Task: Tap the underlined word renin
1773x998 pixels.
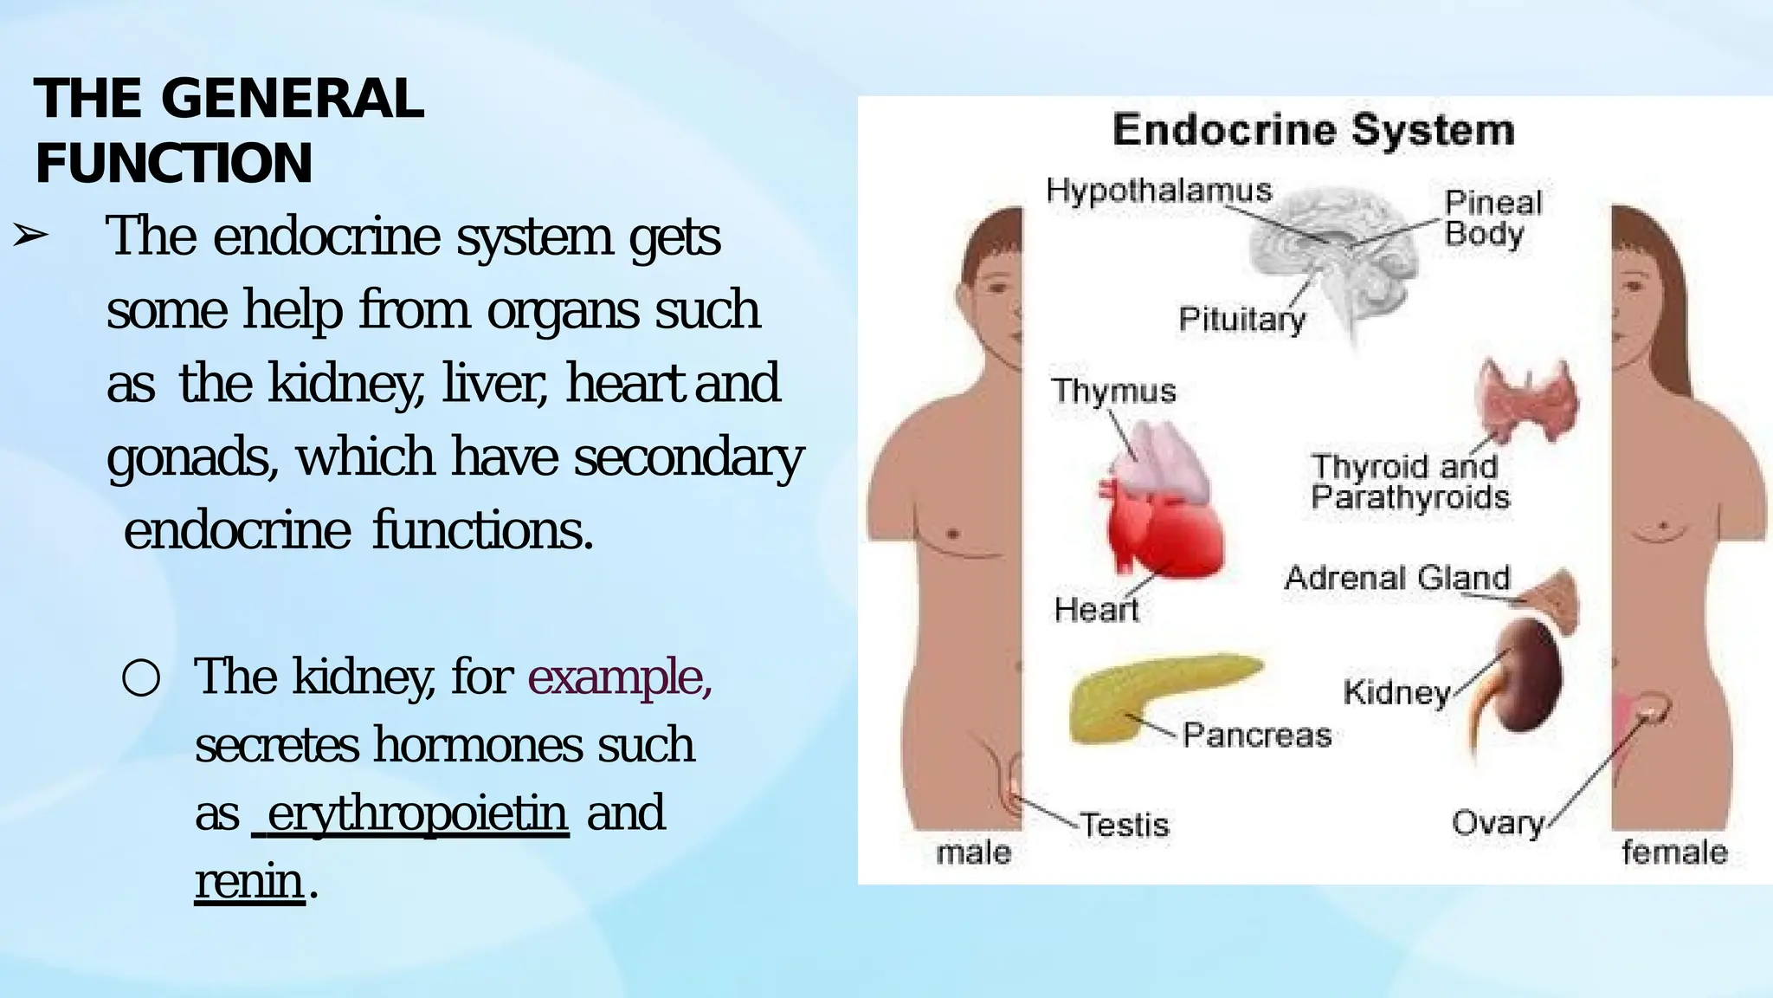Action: (x=249, y=882)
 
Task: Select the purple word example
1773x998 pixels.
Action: (x=619, y=677)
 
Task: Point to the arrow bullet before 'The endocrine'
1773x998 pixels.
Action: (x=31, y=235)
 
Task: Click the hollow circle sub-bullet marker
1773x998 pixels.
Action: (x=140, y=678)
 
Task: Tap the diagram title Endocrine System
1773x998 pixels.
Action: (x=1312, y=130)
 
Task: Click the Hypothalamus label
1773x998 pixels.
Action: (x=1158, y=191)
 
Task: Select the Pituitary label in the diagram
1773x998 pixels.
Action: (x=1241, y=320)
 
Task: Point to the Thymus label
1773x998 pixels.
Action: (x=1113, y=391)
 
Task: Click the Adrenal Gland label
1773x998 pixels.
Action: (x=1396, y=578)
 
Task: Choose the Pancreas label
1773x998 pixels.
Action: (x=1256, y=736)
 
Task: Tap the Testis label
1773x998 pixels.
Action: (x=1124, y=825)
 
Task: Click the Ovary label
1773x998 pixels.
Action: (x=1498, y=823)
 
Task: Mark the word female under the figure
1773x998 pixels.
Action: (x=1673, y=852)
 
